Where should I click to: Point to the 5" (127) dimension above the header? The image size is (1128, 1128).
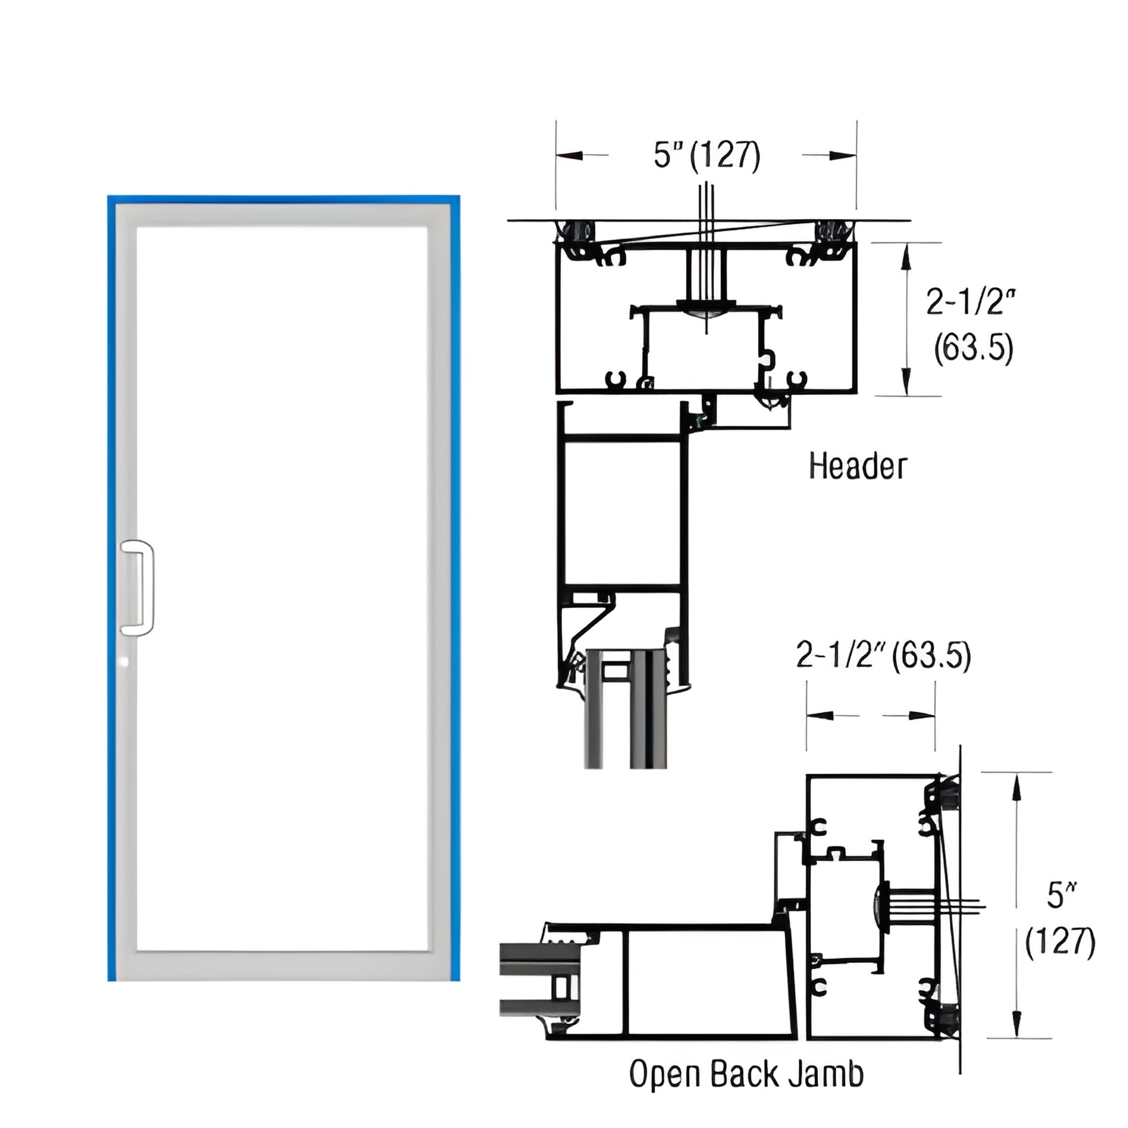coord(707,155)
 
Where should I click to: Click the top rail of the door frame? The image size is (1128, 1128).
coord(283,215)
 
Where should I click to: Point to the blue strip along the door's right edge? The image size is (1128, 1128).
coord(455,584)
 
